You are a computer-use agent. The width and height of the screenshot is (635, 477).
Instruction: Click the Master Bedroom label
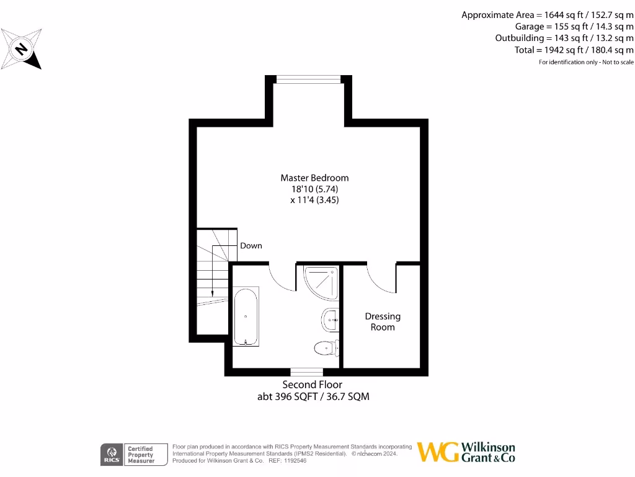pyautogui.click(x=314, y=178)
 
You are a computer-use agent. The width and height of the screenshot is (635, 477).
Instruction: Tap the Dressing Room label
pyautogui.click(x=383, y=322)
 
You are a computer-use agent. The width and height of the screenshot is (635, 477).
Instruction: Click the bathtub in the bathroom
pyautogui.click(x=246, y=316)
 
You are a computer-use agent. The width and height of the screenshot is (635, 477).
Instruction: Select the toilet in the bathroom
pyautogui.click(x=326, y=348)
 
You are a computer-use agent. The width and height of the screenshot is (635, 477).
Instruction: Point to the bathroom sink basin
pyautogui.click(x=329, y=320)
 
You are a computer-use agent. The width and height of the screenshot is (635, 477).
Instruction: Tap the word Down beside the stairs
pyautogui.click(x=251, y=245)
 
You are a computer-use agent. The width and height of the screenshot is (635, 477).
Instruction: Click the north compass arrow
pyautogui.click(x=22, y=48)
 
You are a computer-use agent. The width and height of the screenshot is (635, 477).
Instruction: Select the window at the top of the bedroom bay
pyautogui.click(x=309, y=79)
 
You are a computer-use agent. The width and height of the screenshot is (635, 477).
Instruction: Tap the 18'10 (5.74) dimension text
pyautogui.click(x=314, y=189)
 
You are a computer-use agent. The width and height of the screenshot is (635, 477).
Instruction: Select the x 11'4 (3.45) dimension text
pyautogui.click(x=314, y=200)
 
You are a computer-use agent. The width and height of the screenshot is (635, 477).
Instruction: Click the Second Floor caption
pyautogui.click(x=313, y=384)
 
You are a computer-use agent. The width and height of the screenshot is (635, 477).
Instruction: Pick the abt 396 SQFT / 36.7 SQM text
pyautogui.click(x=313, y=396)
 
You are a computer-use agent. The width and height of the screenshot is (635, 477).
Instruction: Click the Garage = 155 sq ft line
pyautogui.click(x=574, y=26)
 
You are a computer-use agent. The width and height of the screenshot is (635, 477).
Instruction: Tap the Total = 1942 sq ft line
pyautogui.click(x=574, y=50)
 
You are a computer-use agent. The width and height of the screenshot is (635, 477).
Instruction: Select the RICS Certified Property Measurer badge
pyautogui.click(x=135, y=455)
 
